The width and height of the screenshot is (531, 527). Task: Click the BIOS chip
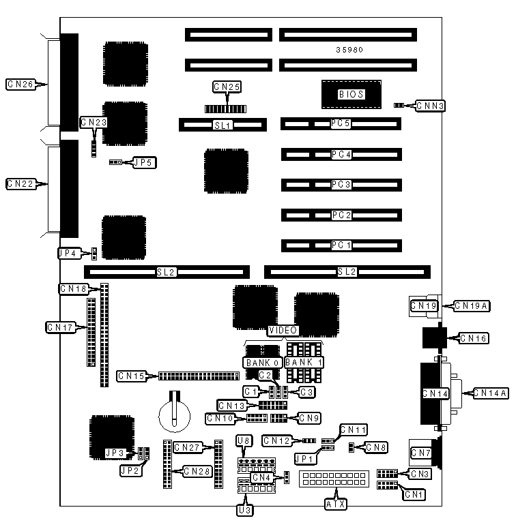351,95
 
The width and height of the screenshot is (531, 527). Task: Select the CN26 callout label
20,85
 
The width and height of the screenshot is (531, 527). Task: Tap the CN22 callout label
20,183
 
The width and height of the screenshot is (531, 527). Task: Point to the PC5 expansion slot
341,124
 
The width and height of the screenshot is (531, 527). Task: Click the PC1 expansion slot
341,245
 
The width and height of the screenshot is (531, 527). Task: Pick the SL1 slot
223,125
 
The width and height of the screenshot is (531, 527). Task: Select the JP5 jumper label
144,163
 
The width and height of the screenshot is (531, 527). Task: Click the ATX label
335,505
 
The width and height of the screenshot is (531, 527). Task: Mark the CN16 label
474,337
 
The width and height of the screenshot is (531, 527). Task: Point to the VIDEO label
283,331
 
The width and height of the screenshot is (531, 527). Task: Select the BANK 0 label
261,362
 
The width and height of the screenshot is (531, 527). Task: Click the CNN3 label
431,106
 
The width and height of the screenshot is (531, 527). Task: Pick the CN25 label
227,87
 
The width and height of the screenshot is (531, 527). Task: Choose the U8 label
244,442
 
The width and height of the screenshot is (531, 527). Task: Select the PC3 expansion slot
341,185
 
